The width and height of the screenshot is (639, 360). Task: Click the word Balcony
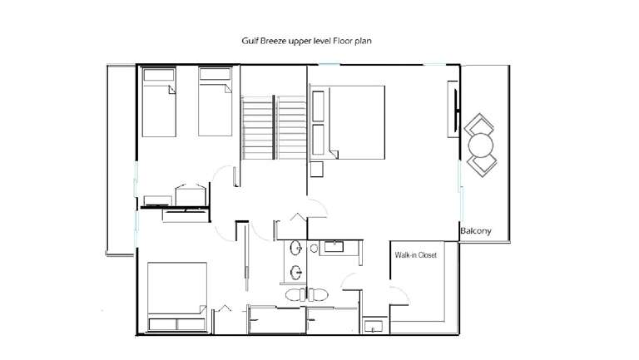coord(476,231)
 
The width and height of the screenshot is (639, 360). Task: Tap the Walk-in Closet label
coord(416,255)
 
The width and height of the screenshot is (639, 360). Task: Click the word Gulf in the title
coord(249,41)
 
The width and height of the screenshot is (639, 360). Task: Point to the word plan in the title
coord(362,41)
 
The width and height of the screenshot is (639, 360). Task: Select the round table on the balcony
coord(481,145)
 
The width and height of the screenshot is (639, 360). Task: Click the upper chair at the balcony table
coord(479,124)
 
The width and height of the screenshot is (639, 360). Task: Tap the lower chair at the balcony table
coord(482,165)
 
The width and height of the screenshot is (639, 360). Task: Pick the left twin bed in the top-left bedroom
coord(159,102)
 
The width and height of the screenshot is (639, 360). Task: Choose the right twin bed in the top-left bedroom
coord(215,101)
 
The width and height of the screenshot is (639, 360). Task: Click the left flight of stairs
coord(257,127)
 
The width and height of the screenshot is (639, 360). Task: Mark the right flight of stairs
coord(291,127)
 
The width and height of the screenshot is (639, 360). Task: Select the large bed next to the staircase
coord(347,122)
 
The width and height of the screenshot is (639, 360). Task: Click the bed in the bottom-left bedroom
coord(177,297)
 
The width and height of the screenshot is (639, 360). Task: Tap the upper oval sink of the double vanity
coord(296,248)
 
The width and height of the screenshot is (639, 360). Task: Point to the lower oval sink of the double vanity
coord(296,272)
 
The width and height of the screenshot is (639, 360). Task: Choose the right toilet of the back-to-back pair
coord(318,294)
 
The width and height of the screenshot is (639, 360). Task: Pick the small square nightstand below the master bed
coord(317,169)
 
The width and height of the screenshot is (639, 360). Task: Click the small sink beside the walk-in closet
coord(374,327)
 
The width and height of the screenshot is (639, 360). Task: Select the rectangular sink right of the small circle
coord(334,247)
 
